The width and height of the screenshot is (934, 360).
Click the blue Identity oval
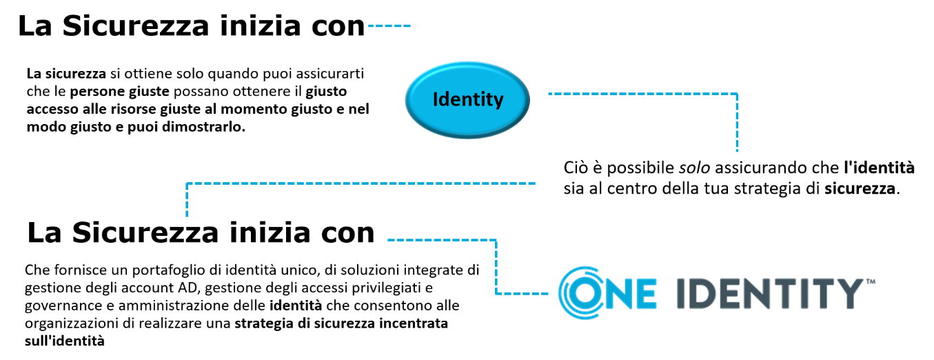click(x=467, y=100)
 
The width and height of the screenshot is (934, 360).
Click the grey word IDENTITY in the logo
click(x=770, y=294)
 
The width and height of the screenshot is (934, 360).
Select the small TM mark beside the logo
click(x=871, y=281)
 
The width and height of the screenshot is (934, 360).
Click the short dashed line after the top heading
click(x=389, y=26)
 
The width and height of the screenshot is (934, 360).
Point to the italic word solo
click(x=694, y=168)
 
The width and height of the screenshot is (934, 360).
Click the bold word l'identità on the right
click(x=879, y=168)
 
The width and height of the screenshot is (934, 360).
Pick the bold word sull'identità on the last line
click(x=64, y=341)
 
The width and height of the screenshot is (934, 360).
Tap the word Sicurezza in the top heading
click(x=136, y=26)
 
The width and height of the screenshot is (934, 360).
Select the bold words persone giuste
click(x=120, y=92)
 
